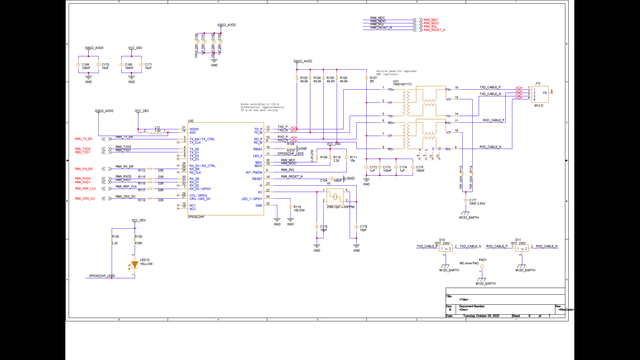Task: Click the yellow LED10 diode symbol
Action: [x=135, y=265]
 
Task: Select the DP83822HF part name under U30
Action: [x=196, y=217]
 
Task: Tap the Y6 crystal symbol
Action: [x=335, y=197]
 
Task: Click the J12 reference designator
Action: [x=538, y=83]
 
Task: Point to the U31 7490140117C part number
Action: [x=402, y=84]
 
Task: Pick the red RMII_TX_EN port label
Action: [x=83, y=139]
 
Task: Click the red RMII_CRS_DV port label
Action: [x=85, y=199]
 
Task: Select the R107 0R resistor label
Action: [x=373, y=80]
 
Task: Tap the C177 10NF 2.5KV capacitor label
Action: [x=477, y=202]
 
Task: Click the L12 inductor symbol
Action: [x=155, y=132]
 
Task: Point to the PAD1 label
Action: [x=483, y=260]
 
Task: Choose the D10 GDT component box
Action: [x=446, y=248]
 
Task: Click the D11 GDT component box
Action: [x=522, y=248]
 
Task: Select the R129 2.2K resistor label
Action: [x=115, y=240]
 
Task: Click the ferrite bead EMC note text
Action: [x=396, y=73]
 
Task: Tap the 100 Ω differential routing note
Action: [x=262, y=107]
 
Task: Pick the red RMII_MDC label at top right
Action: [x=431, y=20]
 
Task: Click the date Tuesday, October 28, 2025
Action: [x=481, y=316]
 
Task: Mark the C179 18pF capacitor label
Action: [x=363, y=228]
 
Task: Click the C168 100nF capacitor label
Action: [x=86, y=66]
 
